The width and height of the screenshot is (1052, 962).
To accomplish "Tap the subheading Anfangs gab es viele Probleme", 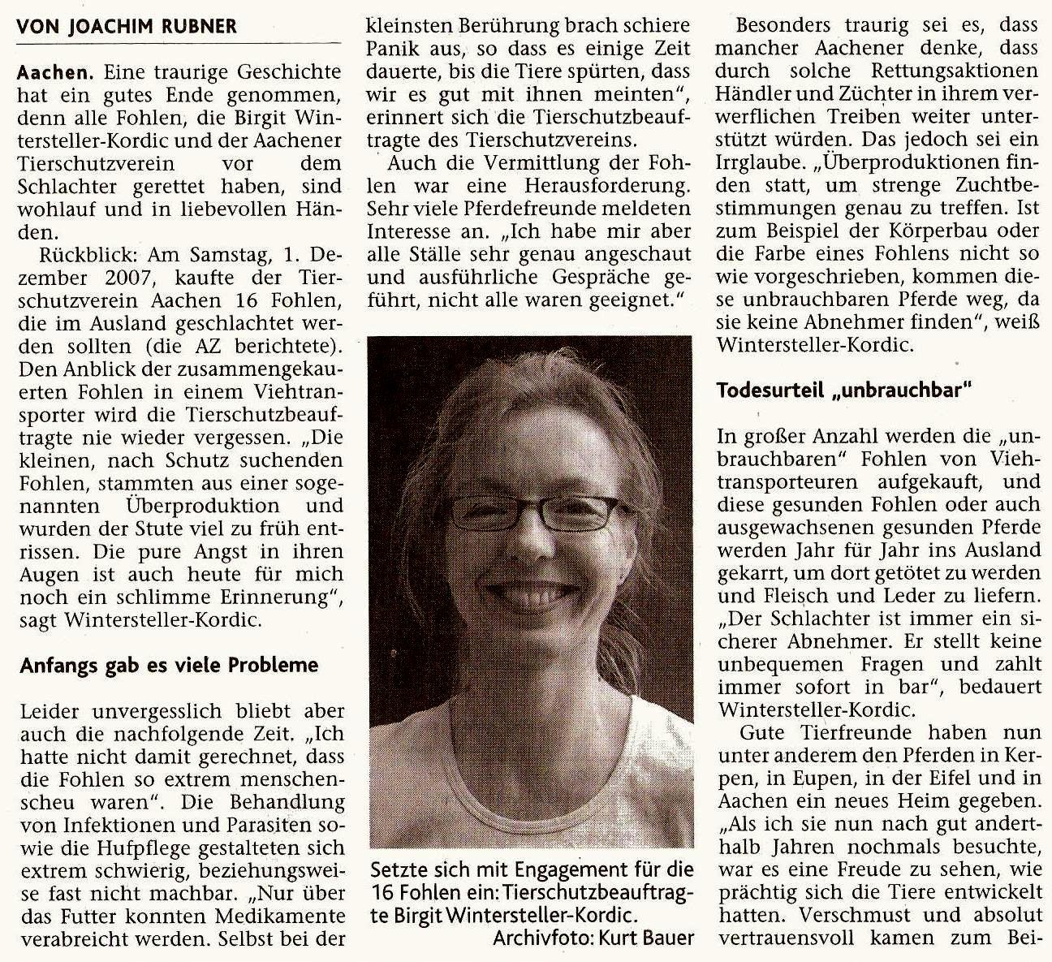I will pos(169,665).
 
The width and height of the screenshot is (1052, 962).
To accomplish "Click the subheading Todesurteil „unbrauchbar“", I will pos(844,390).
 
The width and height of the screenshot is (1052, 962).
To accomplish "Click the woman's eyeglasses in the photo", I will pos(532,511).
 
